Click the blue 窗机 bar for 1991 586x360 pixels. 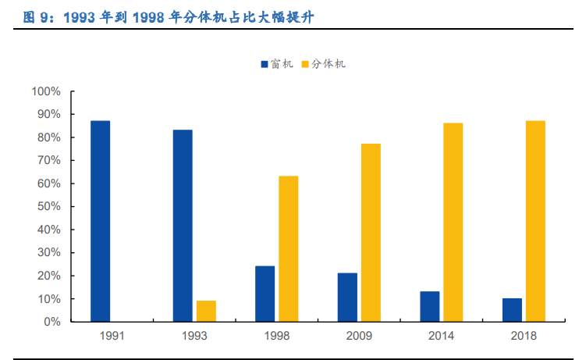click(100, 221)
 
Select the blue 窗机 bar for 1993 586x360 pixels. click(183, 226)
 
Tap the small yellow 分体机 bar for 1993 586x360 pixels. click(206, 311)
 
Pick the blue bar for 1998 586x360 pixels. click(265, 294)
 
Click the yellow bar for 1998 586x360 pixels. click(288, 249)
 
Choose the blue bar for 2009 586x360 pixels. click(347, 298)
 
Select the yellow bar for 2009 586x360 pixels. click(371, 233)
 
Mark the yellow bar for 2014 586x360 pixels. click(453, 223)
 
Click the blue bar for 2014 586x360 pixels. click(430, 306)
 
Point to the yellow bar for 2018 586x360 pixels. click(535, 221)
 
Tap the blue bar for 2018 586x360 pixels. click(512, 310)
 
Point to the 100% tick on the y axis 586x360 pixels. click(45, 91)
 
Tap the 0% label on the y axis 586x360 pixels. click(51, 322)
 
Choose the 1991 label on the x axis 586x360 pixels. click(112, 336)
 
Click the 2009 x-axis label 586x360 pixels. click(359, 336)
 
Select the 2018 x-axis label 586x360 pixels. click(524, 336)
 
